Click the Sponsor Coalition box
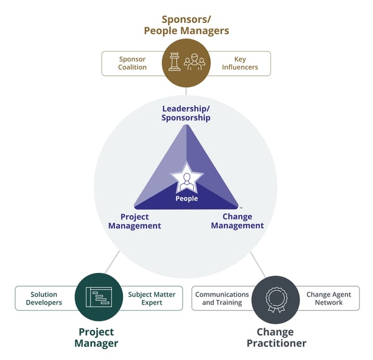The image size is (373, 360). click(132, 63)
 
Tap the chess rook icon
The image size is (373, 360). click(174, 61)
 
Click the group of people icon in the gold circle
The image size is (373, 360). click(195, 62)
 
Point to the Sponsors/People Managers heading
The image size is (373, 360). click(186, 25)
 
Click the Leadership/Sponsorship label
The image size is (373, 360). click(186, 113)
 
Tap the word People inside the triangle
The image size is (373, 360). click(186, 199)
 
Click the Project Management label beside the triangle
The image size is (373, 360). click(134, 221)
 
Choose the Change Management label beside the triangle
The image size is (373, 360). click(237, 221)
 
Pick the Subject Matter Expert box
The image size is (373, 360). click(151, 298)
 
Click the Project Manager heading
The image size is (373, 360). click(97, 338)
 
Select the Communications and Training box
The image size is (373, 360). click(223, 298)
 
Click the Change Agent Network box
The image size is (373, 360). click(328, 298)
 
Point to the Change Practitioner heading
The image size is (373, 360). click(275, 338)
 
